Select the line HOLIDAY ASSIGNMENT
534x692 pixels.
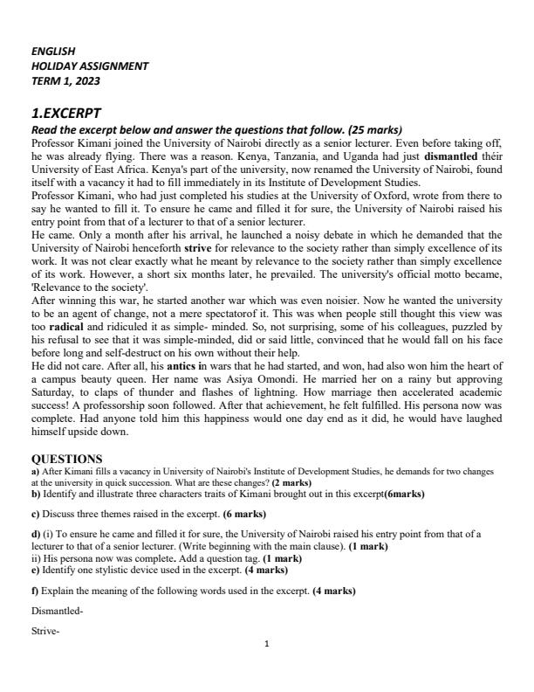click(90, 66)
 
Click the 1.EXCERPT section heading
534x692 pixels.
click(66, 114)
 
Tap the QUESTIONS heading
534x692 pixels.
click(66, 459)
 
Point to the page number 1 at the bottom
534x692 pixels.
click(266, 669)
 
